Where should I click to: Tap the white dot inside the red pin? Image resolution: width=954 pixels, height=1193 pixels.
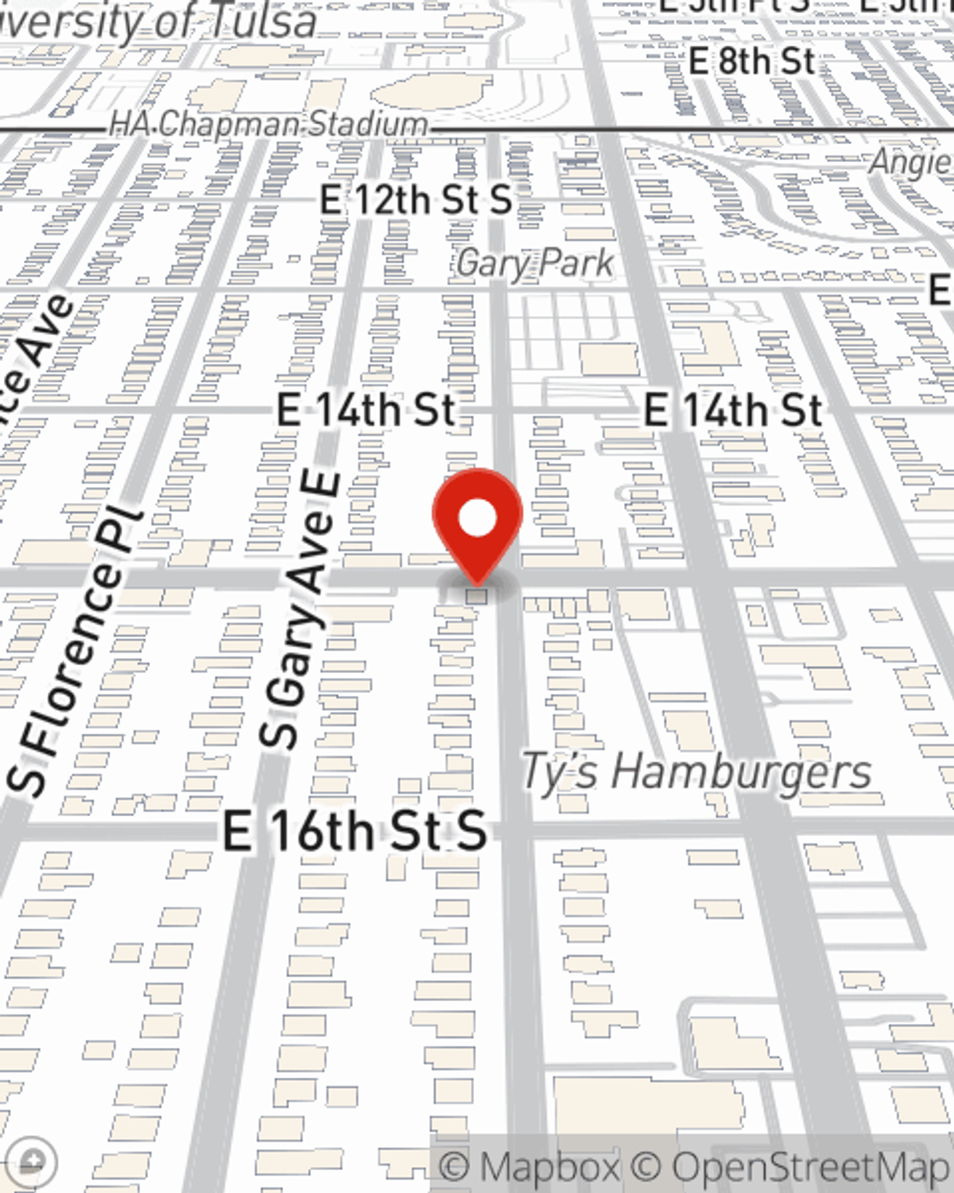(477, 520)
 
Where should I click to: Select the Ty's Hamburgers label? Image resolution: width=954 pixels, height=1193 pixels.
(695, 771)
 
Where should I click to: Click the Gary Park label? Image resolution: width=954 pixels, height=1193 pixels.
(535, 262)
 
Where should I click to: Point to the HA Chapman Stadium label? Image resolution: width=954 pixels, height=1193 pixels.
(268, 124)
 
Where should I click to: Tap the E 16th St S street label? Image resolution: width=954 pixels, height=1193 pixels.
(355, 831)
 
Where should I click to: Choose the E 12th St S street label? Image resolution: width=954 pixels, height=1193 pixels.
(416, 200)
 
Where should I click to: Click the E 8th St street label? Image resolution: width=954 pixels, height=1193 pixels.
(752, 62)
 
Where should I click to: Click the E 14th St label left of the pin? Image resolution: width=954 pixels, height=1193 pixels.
(366, 410)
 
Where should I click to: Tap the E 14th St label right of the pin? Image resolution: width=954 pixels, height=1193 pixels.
(733, 410)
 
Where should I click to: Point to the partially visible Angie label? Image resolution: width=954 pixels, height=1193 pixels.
(910, 162)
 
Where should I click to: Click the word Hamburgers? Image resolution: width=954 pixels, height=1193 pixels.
(740, 771)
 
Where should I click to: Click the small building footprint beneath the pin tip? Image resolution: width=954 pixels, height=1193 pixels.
(476, 596)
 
